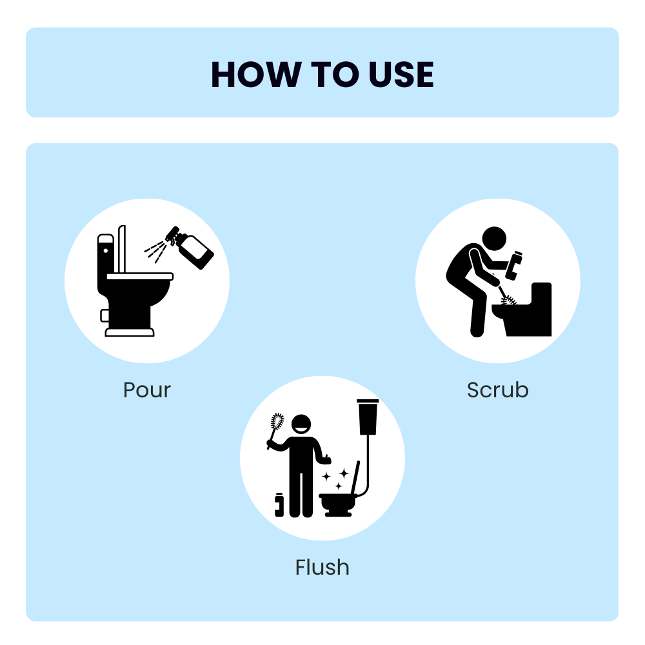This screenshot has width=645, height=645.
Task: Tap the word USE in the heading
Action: click(401, 75)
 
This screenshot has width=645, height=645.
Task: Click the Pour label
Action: click(147, 390)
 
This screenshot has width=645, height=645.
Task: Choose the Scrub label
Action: click(497, 390)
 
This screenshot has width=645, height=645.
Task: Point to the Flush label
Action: click(322, 568)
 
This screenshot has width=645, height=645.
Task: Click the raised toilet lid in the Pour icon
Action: click(122, 248)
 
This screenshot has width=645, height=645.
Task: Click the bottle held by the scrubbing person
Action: click(515, 265)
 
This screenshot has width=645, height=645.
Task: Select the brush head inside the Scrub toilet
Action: click(509, 301)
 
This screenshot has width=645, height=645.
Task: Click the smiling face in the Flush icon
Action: click(301, 424)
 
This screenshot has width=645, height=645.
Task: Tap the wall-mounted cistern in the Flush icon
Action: click(368, 416)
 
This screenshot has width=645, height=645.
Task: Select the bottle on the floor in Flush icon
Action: click(279, 504)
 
